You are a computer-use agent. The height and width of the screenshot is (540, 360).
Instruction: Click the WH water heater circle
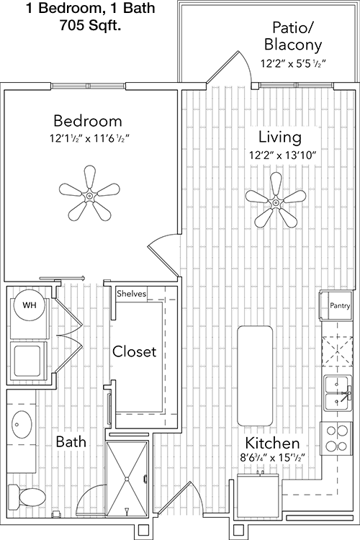click(29, 305)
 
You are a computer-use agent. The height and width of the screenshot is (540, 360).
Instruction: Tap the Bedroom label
click(88, 121)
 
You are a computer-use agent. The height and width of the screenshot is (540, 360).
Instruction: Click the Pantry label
click(340, 305)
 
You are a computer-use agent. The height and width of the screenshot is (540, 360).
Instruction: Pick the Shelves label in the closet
click(131, 294)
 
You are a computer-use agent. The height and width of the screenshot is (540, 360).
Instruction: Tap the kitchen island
click(255, 376)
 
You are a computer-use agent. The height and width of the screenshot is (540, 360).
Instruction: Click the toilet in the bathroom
click(27, 497)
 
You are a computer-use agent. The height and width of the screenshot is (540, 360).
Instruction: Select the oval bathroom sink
click(22, 424)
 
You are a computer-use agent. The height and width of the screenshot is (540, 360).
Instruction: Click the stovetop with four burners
click(336, 438)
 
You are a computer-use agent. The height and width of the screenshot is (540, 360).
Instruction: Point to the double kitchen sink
click(338, 393)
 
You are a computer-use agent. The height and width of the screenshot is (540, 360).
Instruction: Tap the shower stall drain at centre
click(127, 479)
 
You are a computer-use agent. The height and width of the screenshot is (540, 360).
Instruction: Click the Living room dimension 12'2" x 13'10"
click(283, 156)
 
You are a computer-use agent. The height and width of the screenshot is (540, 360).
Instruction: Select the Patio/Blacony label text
click(293, 36)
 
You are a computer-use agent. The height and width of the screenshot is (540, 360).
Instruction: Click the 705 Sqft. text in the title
click(90, 25)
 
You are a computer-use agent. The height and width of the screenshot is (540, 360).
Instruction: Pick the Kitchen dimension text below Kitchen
click(272, 458)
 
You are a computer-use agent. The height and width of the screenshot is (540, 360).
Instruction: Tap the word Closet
click(135, 351)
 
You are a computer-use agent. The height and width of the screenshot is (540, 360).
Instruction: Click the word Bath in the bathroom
click(71, 441)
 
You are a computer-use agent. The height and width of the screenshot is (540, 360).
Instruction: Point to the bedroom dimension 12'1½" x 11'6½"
click(89, 138)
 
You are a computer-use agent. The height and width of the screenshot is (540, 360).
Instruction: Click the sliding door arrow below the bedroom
click(62, 278)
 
